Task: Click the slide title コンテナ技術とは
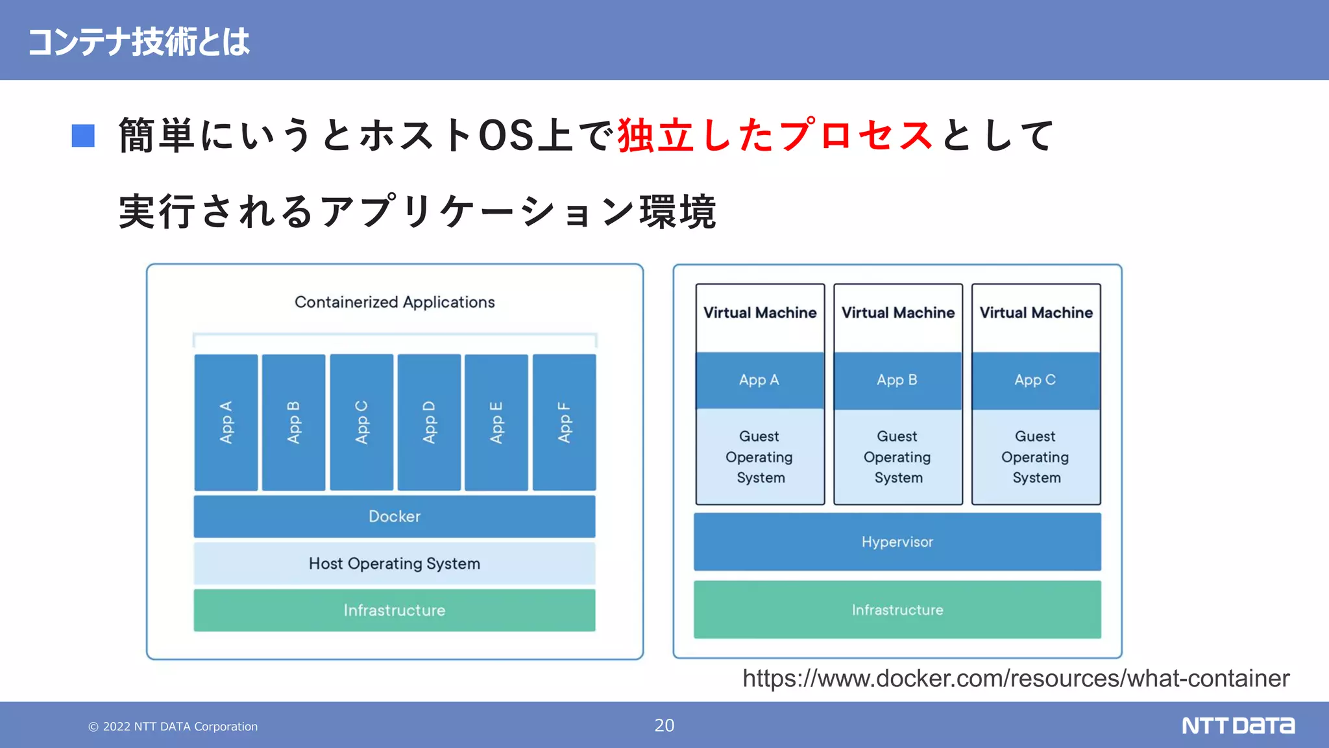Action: click(138, 42)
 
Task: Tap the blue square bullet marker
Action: click(83, 136)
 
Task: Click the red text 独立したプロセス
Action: click(775, 136)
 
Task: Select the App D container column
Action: click(429, 422)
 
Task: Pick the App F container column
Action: click(564, 422)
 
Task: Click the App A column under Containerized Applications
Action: click(226, 422)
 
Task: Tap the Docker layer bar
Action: click(395, 516)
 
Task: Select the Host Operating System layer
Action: click(395, 564)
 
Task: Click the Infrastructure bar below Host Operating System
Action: click(395, 610)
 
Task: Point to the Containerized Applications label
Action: click(395, 302)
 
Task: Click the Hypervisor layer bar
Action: click(897, 542)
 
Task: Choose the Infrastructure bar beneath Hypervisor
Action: click(897, 610)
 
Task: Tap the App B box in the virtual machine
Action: click(897, 380)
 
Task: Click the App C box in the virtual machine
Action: click(1036, 380)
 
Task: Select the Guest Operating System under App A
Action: click(760, 456)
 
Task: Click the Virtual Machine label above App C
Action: click(1036, 313)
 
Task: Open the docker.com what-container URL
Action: click(1016, 679)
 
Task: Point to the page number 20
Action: click(664, 725)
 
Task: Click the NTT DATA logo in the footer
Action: click(1238, 725)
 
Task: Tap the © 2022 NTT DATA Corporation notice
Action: click(173, 727)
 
